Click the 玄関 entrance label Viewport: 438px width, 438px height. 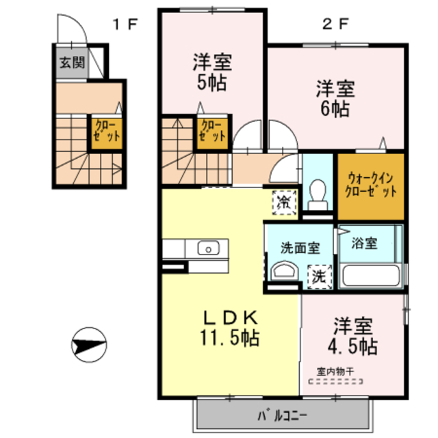(71, 63)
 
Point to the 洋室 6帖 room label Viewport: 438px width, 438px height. (333, 99)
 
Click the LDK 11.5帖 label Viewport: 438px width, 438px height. (230, 327)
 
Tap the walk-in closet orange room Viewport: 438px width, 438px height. (370, 185)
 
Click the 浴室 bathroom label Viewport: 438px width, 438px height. (365, 243)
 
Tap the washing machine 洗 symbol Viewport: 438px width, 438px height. (320, 277)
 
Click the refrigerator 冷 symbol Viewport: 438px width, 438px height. (282, 202)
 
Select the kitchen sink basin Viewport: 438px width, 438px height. (207, 248)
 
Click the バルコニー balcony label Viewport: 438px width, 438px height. (283, 414)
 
